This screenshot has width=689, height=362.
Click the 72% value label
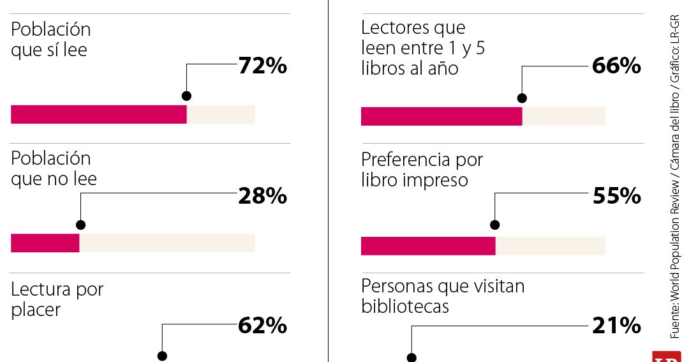pos(262,66)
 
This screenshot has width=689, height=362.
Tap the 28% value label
pos(262,197)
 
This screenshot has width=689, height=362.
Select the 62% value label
pos(262,326)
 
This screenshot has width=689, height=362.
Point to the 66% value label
pos(616,66)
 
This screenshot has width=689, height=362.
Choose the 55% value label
pos(616,196)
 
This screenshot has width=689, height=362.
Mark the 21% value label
pos(616,326)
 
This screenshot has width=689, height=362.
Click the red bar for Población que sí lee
pos(99,114)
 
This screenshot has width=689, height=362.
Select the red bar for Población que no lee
pos(45,243)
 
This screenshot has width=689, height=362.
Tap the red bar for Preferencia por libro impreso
pos(428,246)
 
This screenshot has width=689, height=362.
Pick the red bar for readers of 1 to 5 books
pos(441,116)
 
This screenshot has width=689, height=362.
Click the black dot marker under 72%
pos(186,96)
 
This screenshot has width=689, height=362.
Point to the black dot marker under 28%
pos(80,225)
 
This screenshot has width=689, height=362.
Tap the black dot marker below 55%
pos(495,225)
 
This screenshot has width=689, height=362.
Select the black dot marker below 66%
pos(522,98)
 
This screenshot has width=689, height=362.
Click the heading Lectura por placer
pos(57,299)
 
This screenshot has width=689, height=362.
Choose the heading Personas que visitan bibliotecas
pos(443,296)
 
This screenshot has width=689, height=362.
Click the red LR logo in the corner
pos(667,357)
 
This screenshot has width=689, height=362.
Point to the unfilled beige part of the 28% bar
pos(167,243)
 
